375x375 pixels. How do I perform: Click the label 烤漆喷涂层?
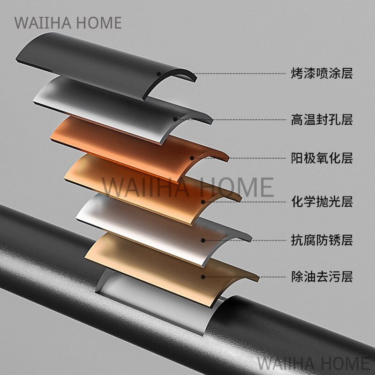tap(322, 73)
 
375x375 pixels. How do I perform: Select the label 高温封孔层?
tap(322, 120)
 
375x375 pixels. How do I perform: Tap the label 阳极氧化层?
tap(322, 158)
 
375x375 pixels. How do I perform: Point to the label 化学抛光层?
tap(322, 202)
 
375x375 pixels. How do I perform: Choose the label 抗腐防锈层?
tap(322, 240)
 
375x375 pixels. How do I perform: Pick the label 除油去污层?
tap(322, 277)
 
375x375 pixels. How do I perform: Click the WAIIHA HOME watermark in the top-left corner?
tap(68, 23)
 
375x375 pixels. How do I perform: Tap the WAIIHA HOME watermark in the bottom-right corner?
tap(315, 363)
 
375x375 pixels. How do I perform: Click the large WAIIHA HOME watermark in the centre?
tap(188, 187)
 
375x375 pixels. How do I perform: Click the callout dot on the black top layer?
tap(159, 74)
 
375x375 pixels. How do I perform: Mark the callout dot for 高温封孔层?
tap(175, 119)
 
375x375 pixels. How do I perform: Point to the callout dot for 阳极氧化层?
tap(192, 158)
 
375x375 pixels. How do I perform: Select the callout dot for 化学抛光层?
tap(203, 202)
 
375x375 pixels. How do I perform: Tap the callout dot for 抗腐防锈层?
tap(203, 240)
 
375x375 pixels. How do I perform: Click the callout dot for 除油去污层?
tap(203, 277)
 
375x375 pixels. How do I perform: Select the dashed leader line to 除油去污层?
tap(244, 277)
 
